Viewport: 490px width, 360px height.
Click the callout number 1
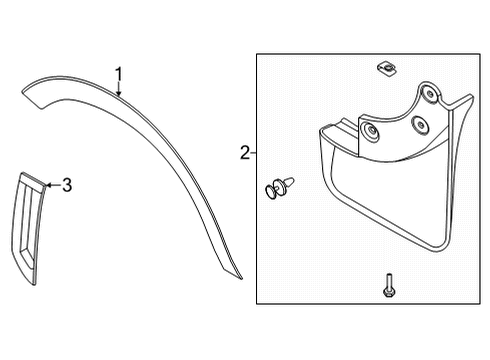tap(118, 74)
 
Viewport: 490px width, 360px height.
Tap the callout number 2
tap(244, 153)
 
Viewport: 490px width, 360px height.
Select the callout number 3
tap(67, 184)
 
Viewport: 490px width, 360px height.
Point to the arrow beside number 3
tap(52, 184)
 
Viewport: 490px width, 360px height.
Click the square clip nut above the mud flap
tap(385, 68)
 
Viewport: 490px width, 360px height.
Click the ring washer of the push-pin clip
tap(270, 190)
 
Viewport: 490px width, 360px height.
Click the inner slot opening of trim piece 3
tap(26, 224)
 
